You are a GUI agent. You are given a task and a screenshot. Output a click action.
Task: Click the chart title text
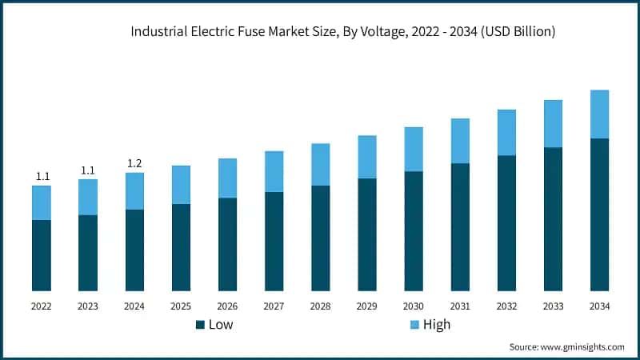(343, 32)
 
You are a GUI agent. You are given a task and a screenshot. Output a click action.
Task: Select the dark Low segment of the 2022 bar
(42, 254)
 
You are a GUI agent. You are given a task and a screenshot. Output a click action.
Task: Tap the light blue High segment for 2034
(599, 114)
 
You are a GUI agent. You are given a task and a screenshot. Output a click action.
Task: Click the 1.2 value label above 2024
(134, 164)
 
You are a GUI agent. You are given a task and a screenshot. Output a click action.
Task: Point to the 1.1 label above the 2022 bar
(42, 177)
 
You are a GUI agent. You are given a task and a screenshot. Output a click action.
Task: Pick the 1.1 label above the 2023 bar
(88, 170)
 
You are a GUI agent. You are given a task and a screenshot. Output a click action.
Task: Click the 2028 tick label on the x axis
(320, 306)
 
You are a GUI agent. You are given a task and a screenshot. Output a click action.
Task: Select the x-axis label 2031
(460, 306)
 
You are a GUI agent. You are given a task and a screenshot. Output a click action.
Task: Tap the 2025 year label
(181, 306)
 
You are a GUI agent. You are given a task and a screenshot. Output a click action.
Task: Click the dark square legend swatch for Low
(200, 325)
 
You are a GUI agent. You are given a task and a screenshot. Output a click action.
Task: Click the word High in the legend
(437, 325)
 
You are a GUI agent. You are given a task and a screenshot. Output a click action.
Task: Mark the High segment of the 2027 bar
(274, 171)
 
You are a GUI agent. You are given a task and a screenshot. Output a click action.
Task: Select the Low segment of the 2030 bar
(414, 230)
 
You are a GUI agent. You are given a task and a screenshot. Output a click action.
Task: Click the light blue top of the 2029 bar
(367, 157)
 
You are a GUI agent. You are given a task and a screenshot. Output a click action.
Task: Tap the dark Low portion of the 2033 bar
(553, 218)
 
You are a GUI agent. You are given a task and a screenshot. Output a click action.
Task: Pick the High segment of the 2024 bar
(134, 191)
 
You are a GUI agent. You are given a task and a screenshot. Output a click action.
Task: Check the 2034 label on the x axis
(599, 306)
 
